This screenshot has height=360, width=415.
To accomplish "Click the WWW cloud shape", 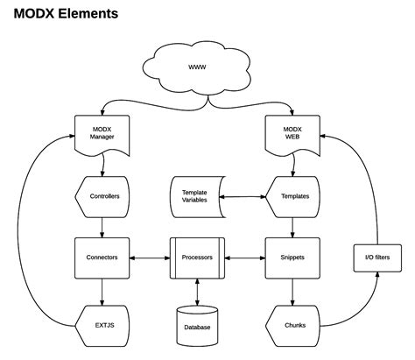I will click(197, 67).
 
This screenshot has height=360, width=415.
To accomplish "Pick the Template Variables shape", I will click(195, 195).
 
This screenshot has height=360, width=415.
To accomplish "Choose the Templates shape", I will click(293, 195).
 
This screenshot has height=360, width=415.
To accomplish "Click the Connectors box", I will click(102, 258).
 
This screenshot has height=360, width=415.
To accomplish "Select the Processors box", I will click(197, 258).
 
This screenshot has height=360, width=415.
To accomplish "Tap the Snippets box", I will click(292, 258).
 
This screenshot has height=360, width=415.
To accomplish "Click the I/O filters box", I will click(376, 258).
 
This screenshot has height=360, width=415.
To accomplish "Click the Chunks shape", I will click(293, 324).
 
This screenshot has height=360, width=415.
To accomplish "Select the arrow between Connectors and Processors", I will click(150, 258).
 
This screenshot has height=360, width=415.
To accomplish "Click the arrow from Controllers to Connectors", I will click(102, 224).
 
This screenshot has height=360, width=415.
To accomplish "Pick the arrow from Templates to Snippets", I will click(292, 224).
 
